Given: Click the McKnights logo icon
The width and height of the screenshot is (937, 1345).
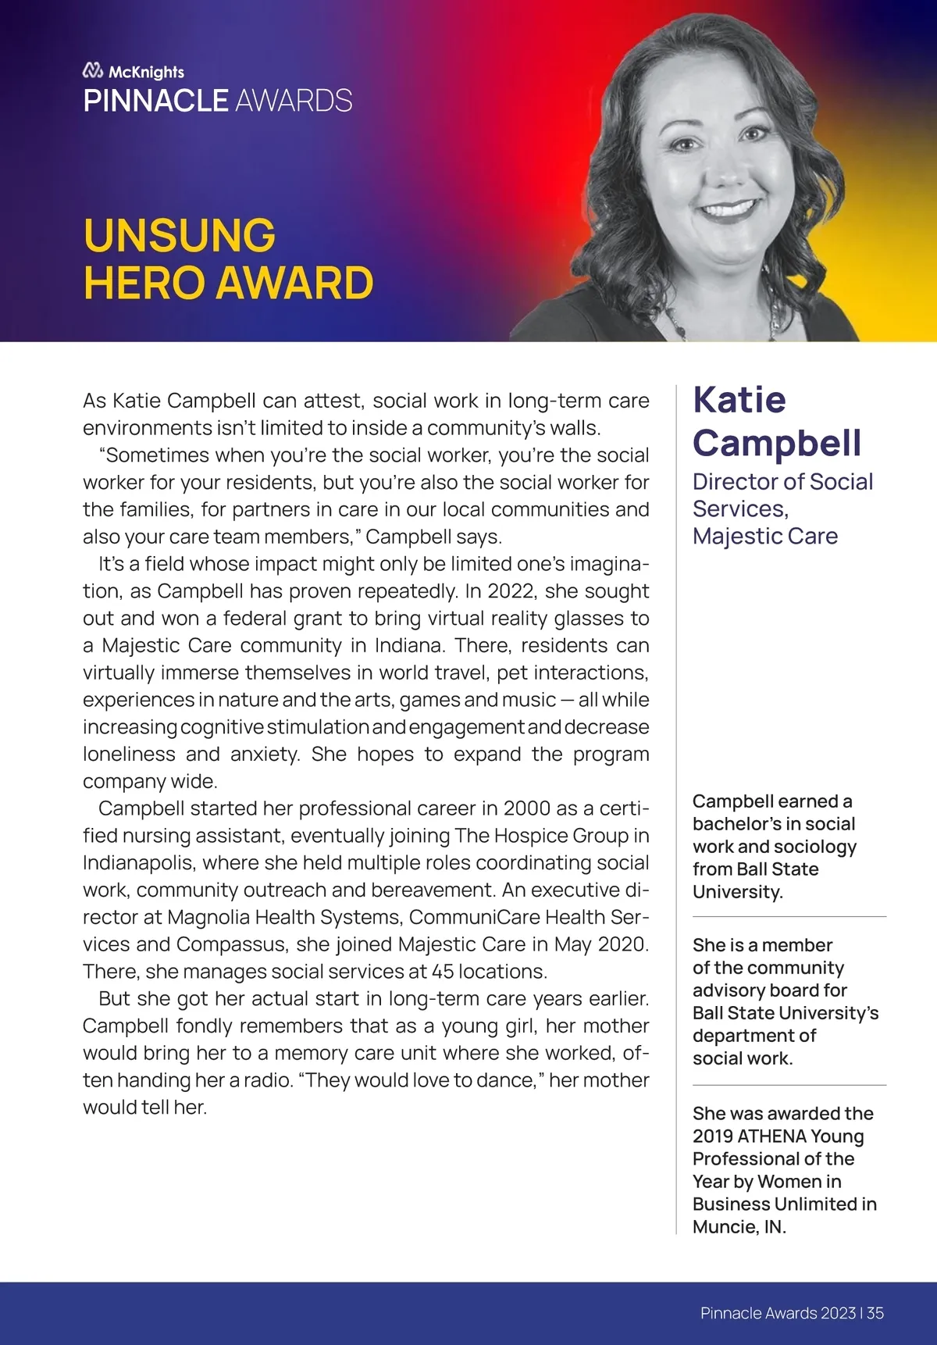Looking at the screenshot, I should (x=93, y=71).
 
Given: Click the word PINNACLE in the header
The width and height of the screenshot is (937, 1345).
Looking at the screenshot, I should (x=155, y=101).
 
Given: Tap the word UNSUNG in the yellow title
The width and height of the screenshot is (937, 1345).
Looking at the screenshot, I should (x=180, y=235).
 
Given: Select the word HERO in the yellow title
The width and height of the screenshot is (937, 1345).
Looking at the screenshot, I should (x=144, y=283).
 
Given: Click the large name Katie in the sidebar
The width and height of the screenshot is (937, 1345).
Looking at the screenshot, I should (x=739, y=400).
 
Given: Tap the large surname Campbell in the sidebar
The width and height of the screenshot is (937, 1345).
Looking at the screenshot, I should (x=777, y=443).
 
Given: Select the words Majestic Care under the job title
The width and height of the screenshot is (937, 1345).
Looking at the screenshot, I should (x=764, y=536).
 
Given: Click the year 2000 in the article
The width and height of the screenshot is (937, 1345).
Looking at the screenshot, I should (x=527, y=808).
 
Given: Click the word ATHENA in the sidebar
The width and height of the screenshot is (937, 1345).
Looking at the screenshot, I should (x=771, y=1136).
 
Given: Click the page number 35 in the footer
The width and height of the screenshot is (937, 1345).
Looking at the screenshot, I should (x=875, y=1313).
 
